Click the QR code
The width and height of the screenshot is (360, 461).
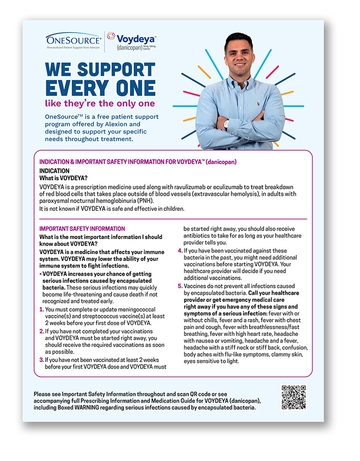(293, 398)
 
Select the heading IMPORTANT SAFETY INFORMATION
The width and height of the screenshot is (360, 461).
(82, 228)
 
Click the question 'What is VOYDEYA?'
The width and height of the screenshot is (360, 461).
(63, 178)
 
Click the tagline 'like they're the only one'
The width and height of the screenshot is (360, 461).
(99, 103)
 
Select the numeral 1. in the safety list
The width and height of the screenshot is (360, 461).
(42, 309)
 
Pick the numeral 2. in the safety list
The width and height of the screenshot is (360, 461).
(42, 331)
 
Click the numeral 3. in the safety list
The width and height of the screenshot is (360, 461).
(42, 360)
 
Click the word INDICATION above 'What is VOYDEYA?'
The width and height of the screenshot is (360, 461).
(54, 171)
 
